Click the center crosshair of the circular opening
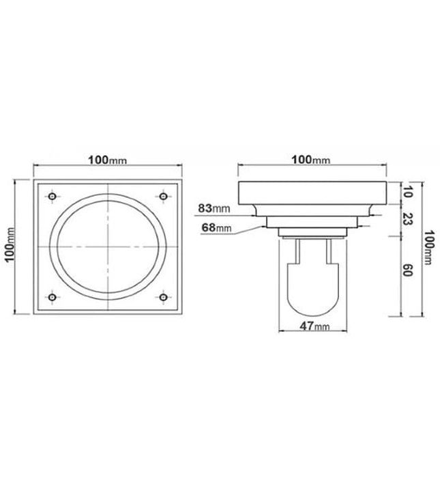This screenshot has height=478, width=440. click(x=107, y=246)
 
